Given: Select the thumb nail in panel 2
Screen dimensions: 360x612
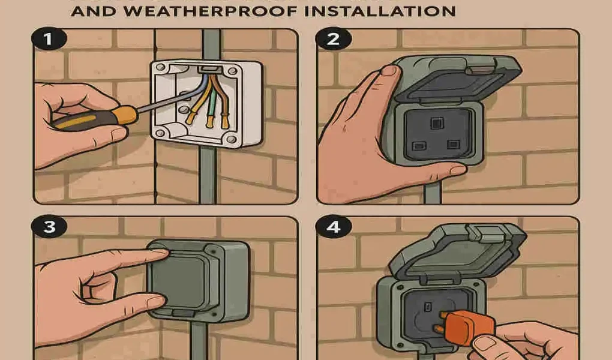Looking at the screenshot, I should coord(391,71).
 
